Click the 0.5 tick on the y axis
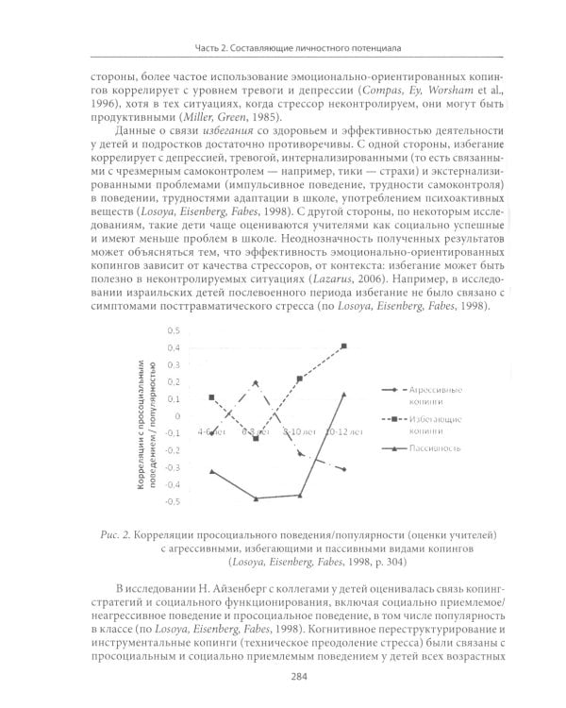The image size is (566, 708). point(172,331)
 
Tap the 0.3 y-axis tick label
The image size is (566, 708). point(172,365)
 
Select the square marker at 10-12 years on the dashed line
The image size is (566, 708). point(344,346)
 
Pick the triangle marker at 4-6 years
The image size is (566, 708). point(211,471)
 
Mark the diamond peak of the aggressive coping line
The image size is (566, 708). point(256,382)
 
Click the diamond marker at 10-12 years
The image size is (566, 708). point(344,469)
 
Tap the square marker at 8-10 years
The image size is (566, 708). point(300,379)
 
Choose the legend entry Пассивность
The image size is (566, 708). point(435,448)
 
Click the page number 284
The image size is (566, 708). point(283,677)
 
